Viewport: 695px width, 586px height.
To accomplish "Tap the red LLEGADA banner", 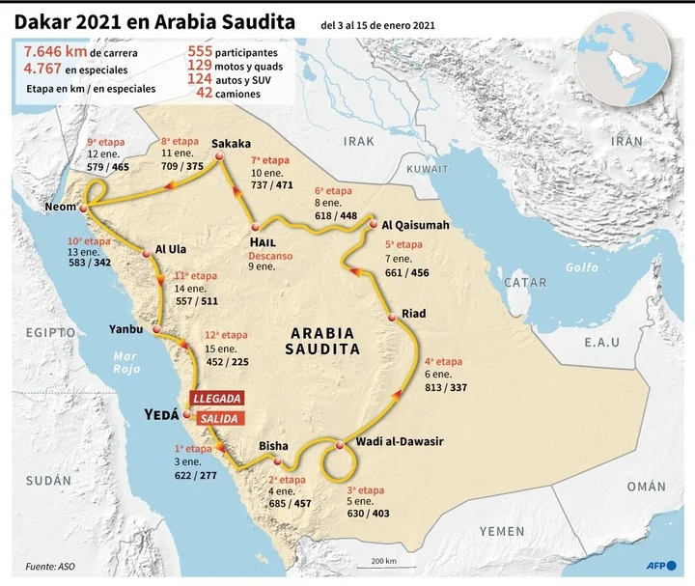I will click(216, 398).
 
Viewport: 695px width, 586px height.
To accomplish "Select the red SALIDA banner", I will click(216, 418).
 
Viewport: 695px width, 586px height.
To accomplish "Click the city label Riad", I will click(413, 315).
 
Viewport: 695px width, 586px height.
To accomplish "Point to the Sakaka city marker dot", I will click(219, 157).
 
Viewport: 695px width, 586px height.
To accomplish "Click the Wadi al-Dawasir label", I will click(400, 441).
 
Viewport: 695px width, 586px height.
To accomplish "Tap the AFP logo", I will click(658, 565).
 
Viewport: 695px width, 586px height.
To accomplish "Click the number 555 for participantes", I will click(206, 51).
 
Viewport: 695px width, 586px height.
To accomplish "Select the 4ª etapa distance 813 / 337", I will click(445, 387).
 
